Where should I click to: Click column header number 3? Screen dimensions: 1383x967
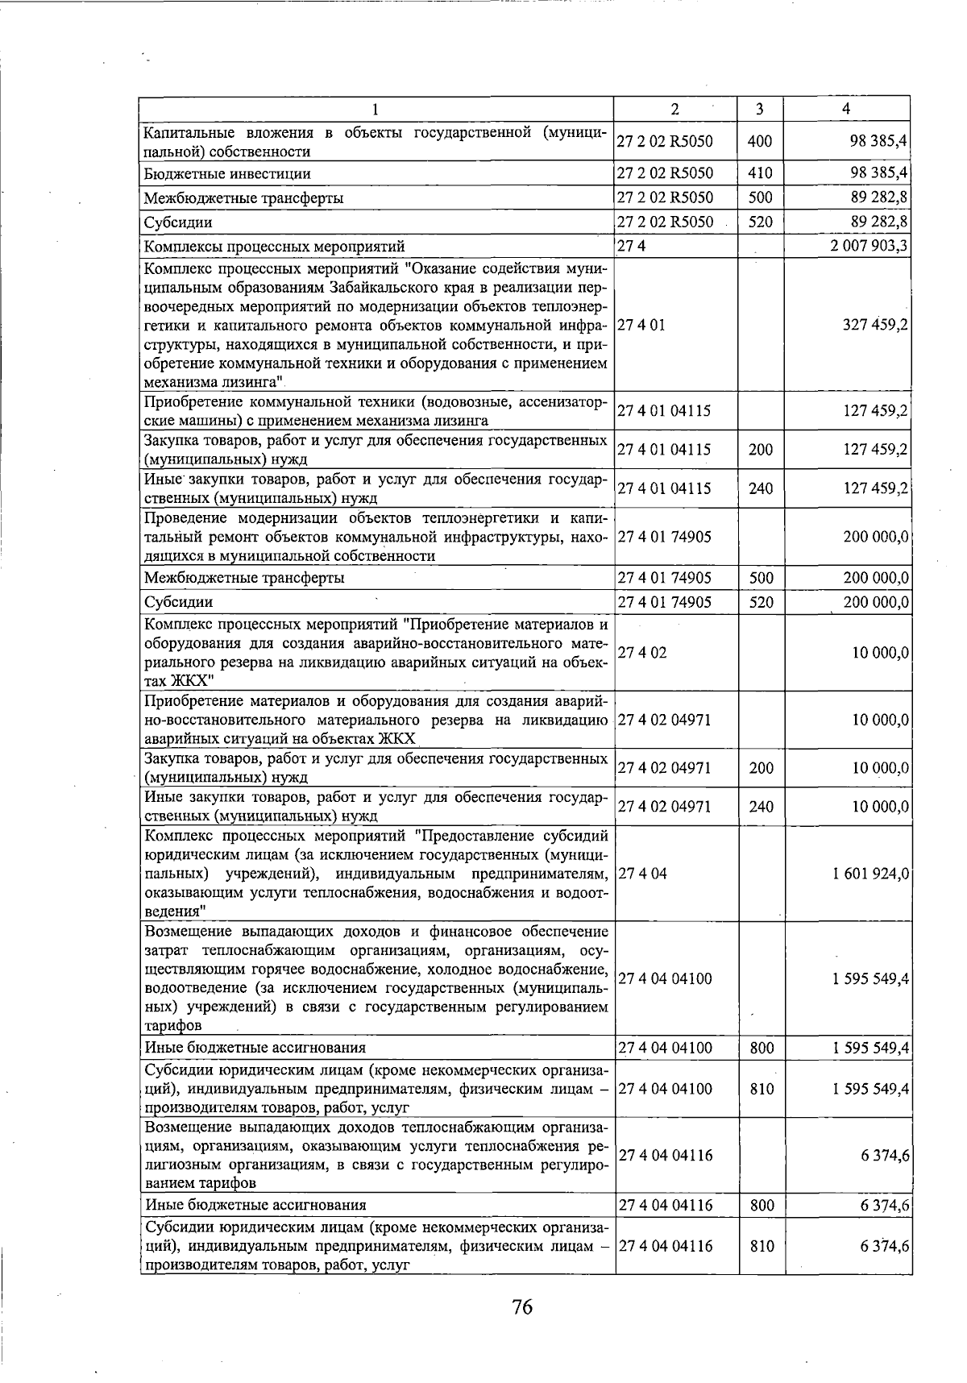(x=760, y=109)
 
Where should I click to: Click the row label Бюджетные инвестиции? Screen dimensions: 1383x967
(x=227, y=174)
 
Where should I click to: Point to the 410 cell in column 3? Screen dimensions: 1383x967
(x=760, y=173)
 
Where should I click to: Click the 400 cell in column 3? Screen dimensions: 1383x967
(x=760, y=142)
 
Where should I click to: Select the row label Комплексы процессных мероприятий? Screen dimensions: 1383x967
(x=274, y=247)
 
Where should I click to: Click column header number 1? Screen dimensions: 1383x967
(x=376, y=109)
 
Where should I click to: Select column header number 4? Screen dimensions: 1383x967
(x=845, y=109)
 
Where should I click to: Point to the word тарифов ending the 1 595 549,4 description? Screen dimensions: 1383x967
(x=172, y=1026)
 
